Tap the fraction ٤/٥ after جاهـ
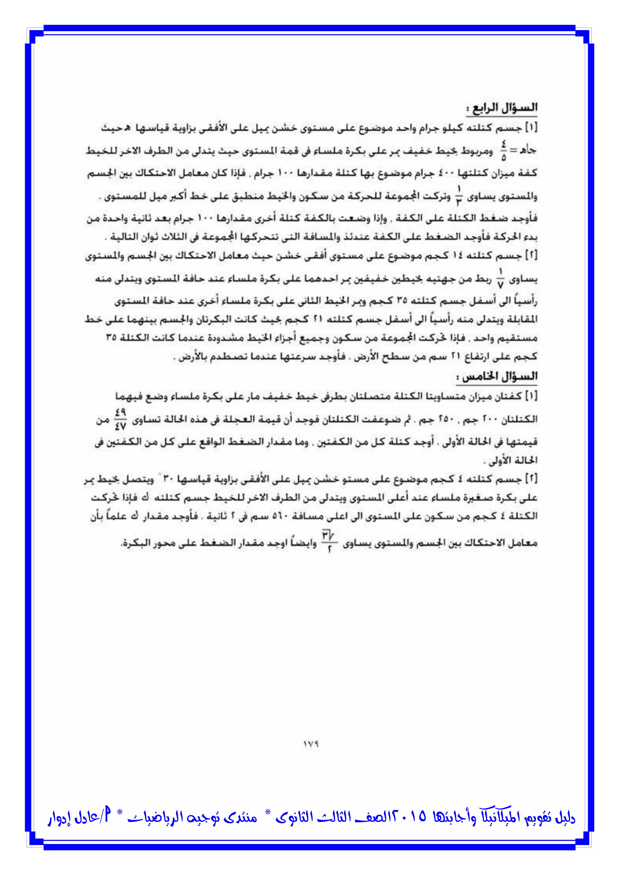pos(504,152)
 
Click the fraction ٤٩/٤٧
pos(121,419)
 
